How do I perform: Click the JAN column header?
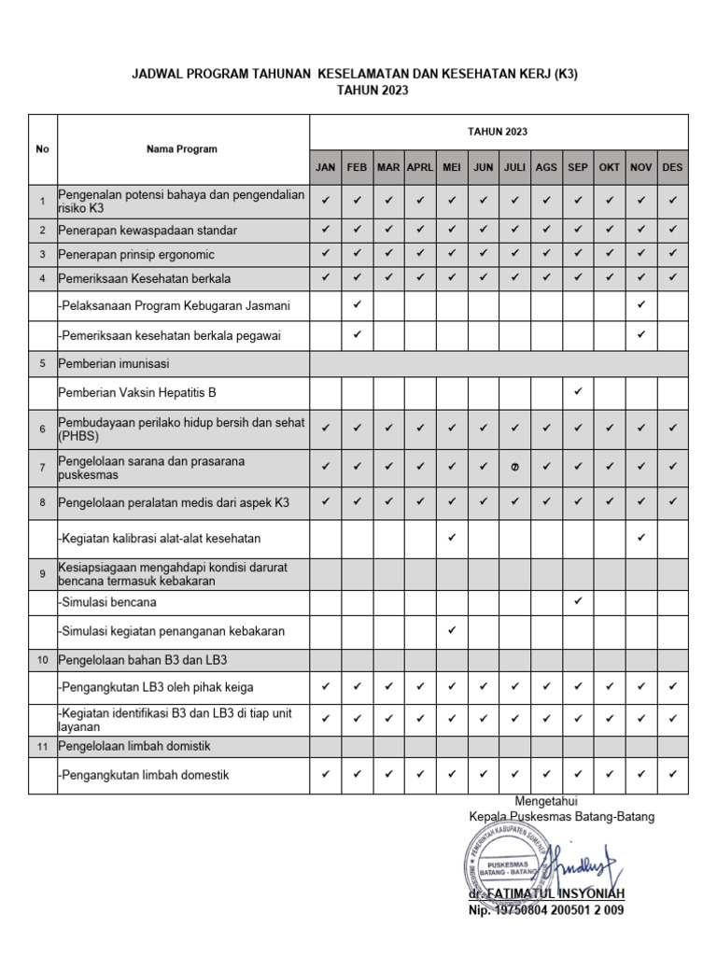pyautogui.click(x=325, y=167)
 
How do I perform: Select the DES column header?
pyautogui.click(x=672, y=167)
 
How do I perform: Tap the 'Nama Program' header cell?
pyautogui.click(x=182, y=149)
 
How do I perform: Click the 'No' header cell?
pyautogui.click(x=42, y=149)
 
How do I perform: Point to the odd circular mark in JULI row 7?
pyautogui.click(x=514, y=469)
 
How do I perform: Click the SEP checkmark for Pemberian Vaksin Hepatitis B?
pyautogui.click(x=578, y=391)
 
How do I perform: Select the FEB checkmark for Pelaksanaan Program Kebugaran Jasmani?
pyautogui.click(x=357, y=305)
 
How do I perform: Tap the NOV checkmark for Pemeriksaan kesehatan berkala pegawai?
pyautogui.click(x=640, y=334)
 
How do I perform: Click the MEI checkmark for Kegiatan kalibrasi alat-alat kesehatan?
pyautogui.click(x=452, y=538)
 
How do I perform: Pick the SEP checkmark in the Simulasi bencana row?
pyautogui.click(x=578, y=601)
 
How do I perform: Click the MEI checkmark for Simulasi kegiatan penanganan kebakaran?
pyautogui.click(x=452, y=630)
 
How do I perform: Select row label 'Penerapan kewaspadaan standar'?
pyautogui.click(x=148, y=230)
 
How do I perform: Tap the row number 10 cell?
pyautogui.click(x=42, y=660)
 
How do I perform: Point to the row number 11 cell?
pyautogui.click(x=42, y=746)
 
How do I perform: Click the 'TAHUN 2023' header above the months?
pyautogui.click(x=498, y=132)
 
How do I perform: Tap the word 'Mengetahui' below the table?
pyautogui.click(x=546, y=801)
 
